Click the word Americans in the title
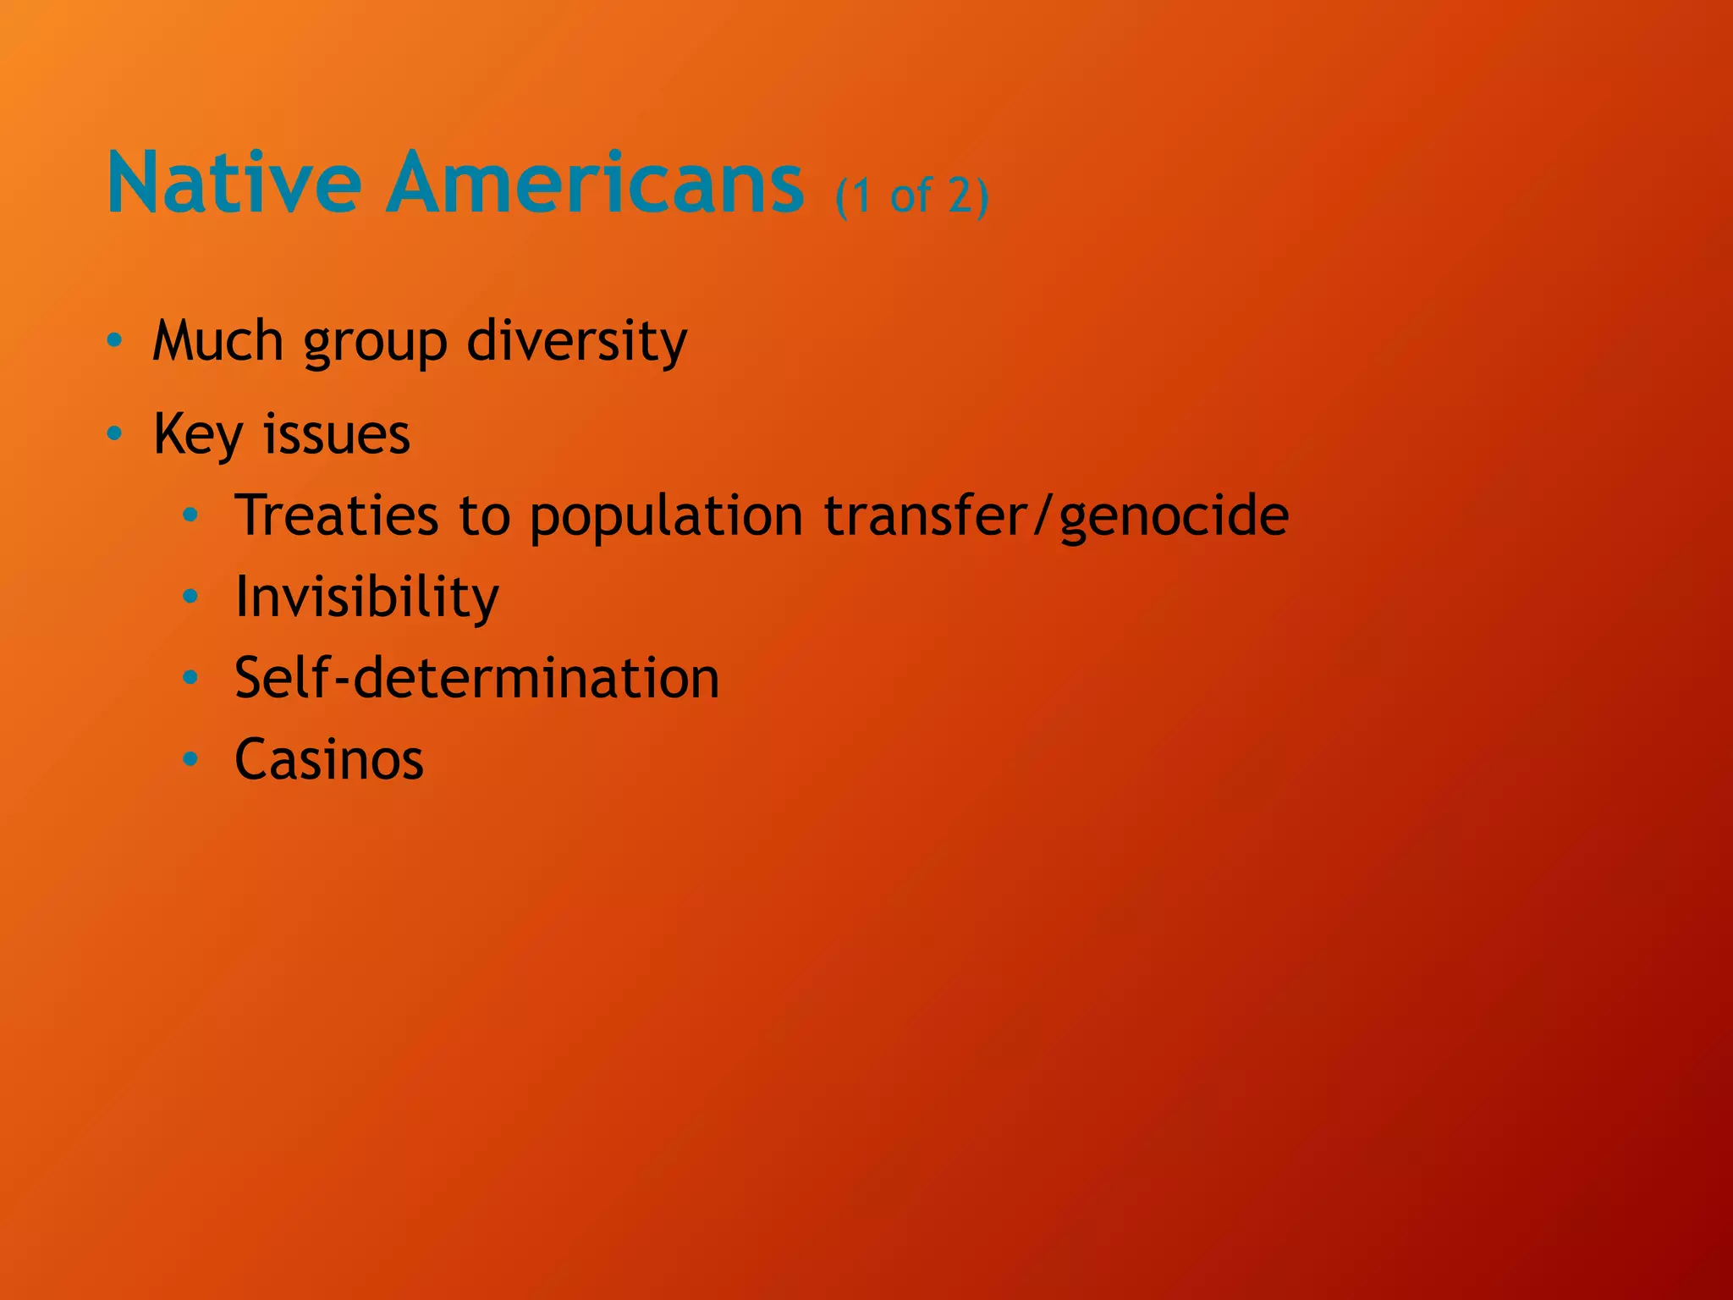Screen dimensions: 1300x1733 [595, 183]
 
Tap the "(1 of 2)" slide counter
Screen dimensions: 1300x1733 [912, 196]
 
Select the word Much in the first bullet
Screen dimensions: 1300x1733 [217, 341]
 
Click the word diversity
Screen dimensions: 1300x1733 [577, 343]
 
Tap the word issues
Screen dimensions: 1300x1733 [336, 434]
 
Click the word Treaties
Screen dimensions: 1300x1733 [337, 515]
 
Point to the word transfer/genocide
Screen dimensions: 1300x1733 [1056, 516]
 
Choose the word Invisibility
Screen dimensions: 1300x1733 [366, 598]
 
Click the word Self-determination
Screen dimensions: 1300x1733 [476, 678]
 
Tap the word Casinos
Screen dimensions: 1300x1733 [328, 759]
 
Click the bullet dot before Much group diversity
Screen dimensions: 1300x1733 [115, 341]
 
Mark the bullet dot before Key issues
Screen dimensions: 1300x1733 [115, 434]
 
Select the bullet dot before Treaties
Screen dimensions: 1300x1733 [191, 515]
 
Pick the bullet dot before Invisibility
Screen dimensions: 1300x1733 [191, 597]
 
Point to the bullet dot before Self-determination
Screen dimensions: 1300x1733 [191, 677]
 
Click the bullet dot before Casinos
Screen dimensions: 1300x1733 [191, 758]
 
